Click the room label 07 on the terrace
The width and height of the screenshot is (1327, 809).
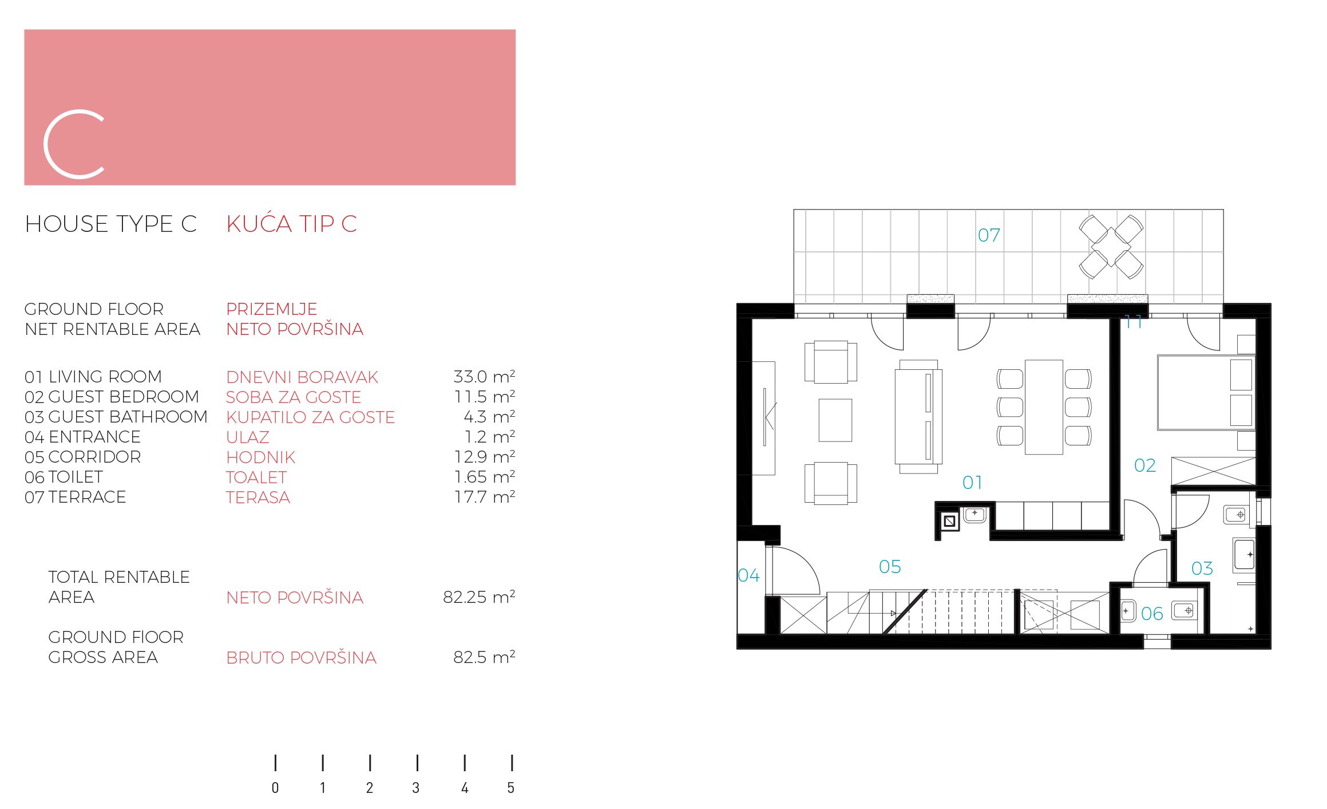tap(989, 235)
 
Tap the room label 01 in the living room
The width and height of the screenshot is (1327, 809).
tap(972, 483)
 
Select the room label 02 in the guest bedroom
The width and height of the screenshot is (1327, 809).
tap(1145, 465)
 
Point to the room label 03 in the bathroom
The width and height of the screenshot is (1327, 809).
tap(1202, 569)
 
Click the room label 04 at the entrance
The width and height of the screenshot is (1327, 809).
tap(748, 575)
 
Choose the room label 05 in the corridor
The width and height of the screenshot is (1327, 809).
tap(890, 567)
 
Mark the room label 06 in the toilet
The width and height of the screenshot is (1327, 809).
tap(1152, 614)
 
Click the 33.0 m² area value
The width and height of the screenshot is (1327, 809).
tap(484, 377)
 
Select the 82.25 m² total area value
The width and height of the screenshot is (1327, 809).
tap(479, 597)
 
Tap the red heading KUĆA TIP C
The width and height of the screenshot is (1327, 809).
tap(292, 224)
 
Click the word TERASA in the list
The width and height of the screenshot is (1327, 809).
tap(258, 498)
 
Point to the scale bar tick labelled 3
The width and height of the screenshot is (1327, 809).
tap(417, 763)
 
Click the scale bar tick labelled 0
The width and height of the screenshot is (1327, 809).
tap(275, 763)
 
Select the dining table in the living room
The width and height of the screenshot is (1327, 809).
tap(1044, 407)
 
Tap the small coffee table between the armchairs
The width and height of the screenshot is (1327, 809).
tap(835, 420)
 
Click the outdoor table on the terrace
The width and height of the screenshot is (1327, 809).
tap(1111, 247)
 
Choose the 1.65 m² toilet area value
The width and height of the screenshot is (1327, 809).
tap(484, 477)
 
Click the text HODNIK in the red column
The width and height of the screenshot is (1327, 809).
tap(261, 457)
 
